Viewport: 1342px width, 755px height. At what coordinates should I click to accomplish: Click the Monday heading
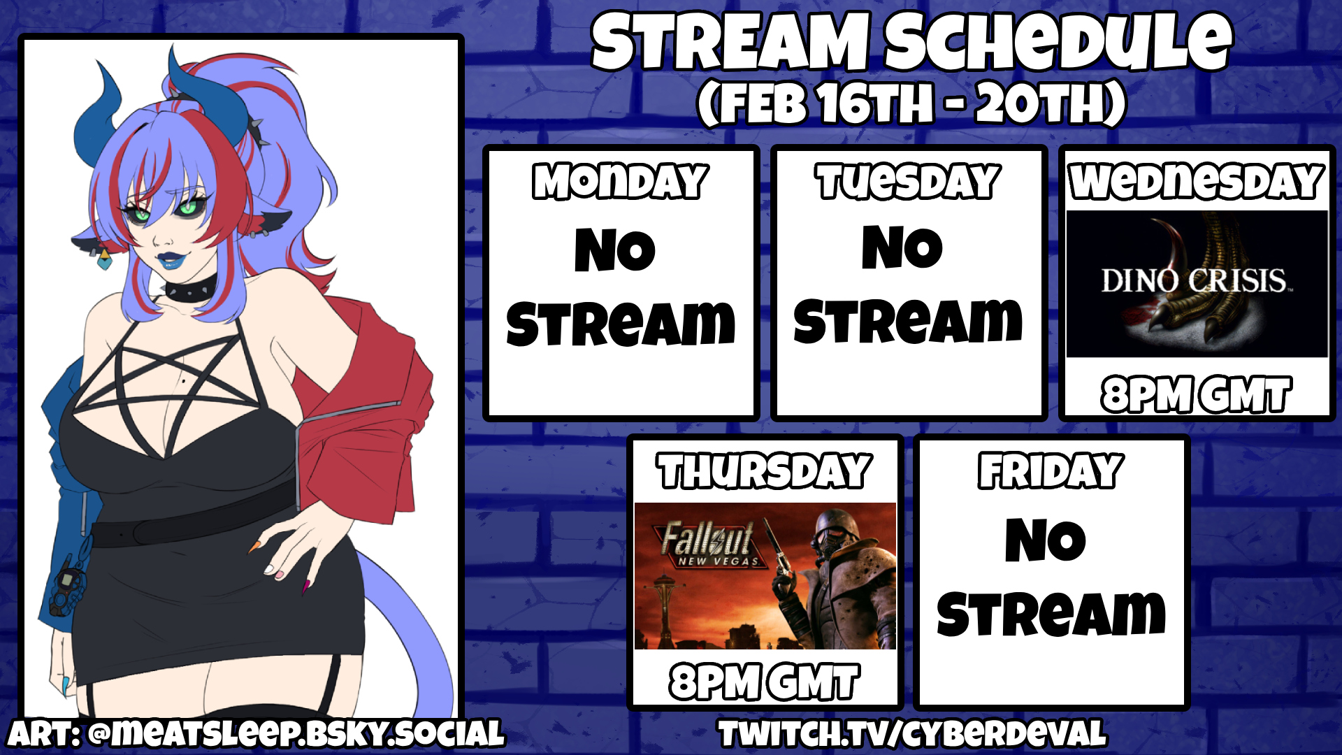[621, 182]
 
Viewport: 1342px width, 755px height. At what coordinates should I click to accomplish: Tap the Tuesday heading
[908, 182]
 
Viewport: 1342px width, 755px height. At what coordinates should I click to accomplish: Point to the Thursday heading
[764, 470]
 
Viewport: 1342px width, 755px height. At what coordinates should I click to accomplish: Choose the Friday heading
[1051, 470]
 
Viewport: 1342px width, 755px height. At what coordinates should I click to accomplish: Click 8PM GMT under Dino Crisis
[1196, 394]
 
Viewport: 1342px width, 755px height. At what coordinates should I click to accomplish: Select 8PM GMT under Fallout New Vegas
[764, 682]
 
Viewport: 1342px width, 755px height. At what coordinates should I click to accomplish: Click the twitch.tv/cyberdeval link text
[912, 734]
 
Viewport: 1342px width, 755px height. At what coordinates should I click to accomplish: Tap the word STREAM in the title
[730, 42]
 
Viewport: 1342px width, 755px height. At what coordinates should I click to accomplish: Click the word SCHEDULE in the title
[1058, 42]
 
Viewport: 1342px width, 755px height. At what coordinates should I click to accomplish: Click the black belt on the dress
[192, 521]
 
